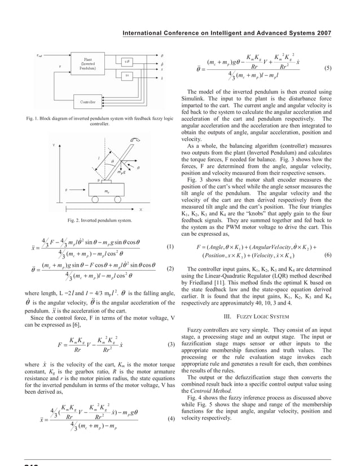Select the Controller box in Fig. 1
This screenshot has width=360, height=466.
89,102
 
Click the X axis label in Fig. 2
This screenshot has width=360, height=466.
140,209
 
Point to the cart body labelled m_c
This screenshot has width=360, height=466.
107,192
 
